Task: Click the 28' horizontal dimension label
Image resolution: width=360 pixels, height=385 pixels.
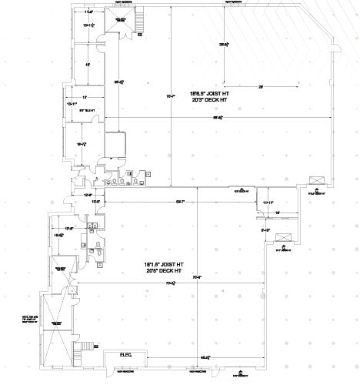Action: tap(261, 86)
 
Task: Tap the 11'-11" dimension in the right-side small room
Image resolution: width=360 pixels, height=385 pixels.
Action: tap(268, 202)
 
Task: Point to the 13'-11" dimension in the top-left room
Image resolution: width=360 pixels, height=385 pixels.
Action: tap(88, 25)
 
